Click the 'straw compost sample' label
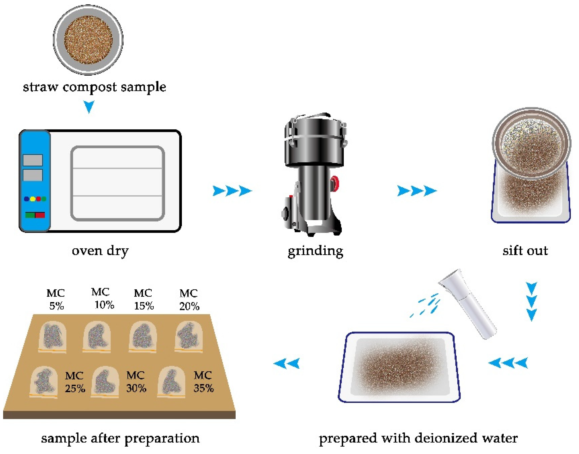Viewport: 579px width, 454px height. point(94,87)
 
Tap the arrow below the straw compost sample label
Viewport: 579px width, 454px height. point(89,107)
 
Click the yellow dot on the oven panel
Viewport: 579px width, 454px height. point(32,199)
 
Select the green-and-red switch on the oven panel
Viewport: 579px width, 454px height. point(35,215)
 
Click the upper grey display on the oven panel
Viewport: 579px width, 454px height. point(33,160)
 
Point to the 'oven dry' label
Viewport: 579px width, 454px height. point(100,251)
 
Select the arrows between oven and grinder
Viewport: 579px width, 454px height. point(232,191)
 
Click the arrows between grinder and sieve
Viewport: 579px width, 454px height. point(417,191)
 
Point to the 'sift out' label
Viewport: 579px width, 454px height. point(525,251)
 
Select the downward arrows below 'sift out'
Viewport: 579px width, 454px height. point(531,302)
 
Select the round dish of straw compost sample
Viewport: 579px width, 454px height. point(88,40)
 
